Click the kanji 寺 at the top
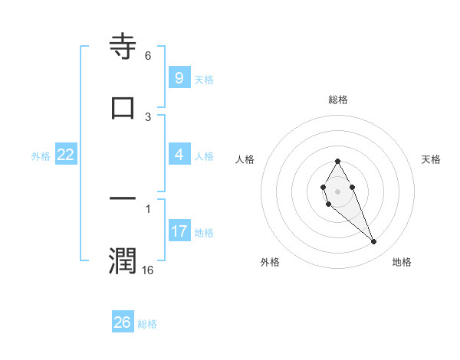(x=123, y=47)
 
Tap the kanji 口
(x=123, y=108)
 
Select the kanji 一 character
(x=123, y=199)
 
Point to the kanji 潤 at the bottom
(x=123, y=260)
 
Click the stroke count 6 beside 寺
(x=148, y=56)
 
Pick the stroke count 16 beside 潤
(x=148, y=270)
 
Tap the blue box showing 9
(x=179, y=78)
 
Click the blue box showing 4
(x=179, y=155)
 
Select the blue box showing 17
(x=179, y=231)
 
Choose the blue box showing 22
(x=66, y=155)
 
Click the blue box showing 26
(x=123, y=322)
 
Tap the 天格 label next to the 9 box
(x=204, y=79)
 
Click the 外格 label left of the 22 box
(x=41, y=155)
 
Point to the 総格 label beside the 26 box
(x=147, y=323)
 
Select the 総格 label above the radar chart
(x=338, y=100)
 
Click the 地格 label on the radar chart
(x=402, y=262)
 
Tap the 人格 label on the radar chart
(x=245, y=159)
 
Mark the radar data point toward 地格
(x=374, y=242)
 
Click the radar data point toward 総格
(x=337, y=161)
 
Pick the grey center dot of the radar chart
(x=337, y=190)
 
